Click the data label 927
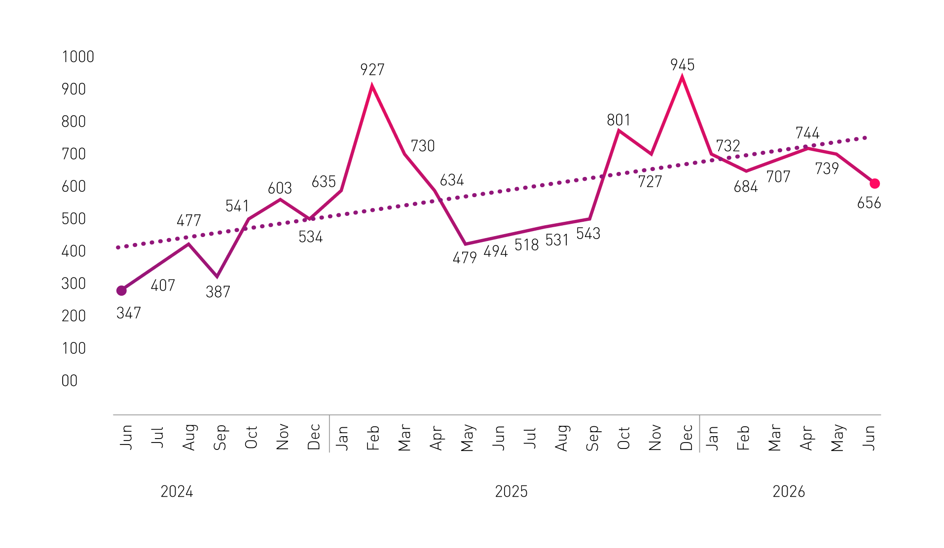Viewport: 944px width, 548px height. click(x=372, y=69)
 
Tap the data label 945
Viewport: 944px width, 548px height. click(x=682, y=65)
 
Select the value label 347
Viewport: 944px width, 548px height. click(x=129, y=313)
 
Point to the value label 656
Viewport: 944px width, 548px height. click(x=869, y=203)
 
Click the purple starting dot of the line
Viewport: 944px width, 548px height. click(x=121, y=291)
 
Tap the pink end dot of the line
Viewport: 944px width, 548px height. click(x=874, y=184)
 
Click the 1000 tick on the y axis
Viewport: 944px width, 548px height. click(x=78, y=57)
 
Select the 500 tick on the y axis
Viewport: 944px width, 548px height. click(x=73, y=219)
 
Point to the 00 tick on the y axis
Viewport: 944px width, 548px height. click(x=70, y=381)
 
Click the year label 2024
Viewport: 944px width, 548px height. click(x=177, y=492)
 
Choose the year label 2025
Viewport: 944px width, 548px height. click(x=511, y=492)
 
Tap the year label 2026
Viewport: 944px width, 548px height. click(x=789, y=492)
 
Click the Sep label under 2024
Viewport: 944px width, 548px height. click(x=220, y=437)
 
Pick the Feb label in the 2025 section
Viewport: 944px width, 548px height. click(x=373, y=438)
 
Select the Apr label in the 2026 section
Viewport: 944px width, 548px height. click(x=807, y=438)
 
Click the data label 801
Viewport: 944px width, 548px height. click(x=618, y=120)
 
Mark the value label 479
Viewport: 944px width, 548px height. click(x=465, y=258)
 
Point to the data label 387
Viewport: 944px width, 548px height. click(x=218, y=292)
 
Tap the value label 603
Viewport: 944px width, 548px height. click(x=280, y=188)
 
